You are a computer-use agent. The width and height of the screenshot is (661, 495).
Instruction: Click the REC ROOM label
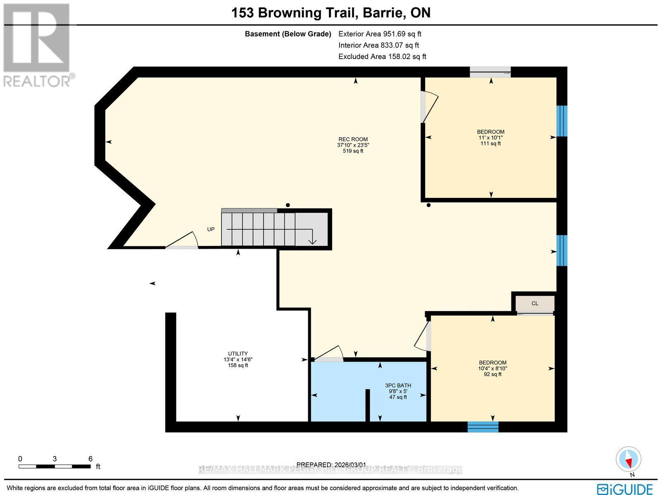353,139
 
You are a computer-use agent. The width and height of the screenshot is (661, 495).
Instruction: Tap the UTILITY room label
238,354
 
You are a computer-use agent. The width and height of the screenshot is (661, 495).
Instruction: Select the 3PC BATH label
398,386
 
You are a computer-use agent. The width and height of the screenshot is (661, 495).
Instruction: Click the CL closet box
535,304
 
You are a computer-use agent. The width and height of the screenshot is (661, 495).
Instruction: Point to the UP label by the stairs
211,229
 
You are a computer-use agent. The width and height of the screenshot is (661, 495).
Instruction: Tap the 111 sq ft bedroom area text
490,144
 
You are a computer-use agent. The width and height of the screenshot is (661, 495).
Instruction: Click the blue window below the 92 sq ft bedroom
483,427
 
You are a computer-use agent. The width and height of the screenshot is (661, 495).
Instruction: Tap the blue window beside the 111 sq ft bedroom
562,121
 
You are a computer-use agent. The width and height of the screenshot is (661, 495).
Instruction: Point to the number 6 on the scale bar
90,459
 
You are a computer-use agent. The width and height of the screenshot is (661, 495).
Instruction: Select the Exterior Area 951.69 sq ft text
380,34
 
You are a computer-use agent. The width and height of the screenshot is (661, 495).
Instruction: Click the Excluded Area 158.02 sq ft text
382,56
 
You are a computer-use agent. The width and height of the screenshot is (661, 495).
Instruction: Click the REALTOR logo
38,45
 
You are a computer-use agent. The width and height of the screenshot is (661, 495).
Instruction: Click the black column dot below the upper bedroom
428,205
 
